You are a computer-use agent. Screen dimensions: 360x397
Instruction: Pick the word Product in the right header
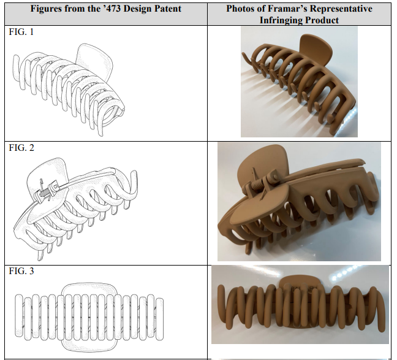pos(323,20)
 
